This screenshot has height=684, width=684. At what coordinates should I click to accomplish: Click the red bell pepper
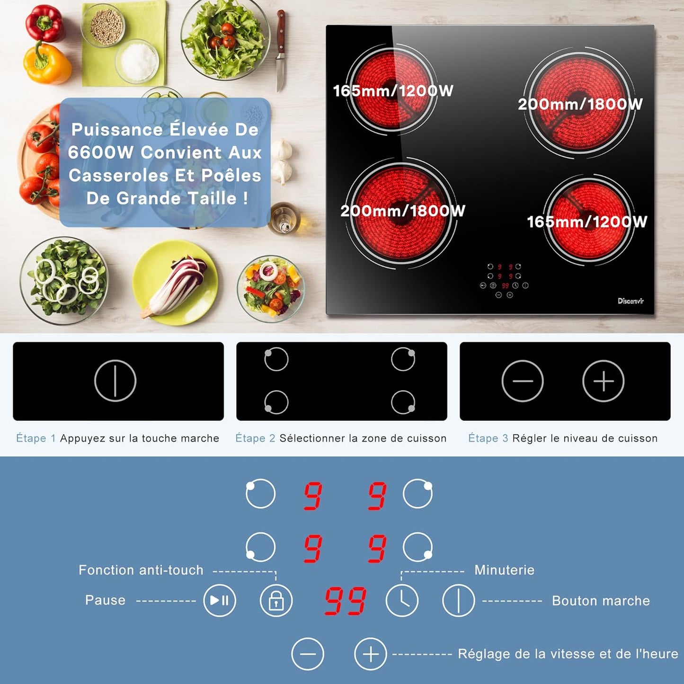(x=44, y=24)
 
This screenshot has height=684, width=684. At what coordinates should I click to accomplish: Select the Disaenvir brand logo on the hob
(x=631, y=301)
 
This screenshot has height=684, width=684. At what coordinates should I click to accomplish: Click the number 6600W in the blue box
(x=101, y=152)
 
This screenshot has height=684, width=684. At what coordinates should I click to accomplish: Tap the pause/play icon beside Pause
(x=219, y=600)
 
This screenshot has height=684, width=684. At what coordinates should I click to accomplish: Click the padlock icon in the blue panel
(x=276, y=600)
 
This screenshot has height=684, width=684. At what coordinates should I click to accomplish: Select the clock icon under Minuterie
(x=402, y=600)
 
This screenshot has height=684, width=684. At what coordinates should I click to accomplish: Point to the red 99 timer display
(x=346, y=601)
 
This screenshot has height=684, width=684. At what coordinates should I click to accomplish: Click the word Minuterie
(x=505, y=570)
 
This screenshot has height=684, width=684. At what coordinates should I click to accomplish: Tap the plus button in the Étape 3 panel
(x=603, y=381)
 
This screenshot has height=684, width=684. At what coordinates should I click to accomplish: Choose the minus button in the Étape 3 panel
(x=523, y=381)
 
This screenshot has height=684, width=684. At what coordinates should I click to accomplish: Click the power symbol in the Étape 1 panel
(x=115, y=381)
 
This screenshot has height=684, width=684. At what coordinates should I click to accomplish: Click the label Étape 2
(x=256, y=438)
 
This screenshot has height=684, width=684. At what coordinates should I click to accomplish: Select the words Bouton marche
(x=601, y=601)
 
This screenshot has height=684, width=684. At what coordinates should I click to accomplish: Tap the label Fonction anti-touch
(x=141, y=570)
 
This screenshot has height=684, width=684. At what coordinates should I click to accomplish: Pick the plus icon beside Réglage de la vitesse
(x=370, y=654)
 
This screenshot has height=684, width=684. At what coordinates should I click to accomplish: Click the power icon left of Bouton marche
(x=458, y=600)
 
